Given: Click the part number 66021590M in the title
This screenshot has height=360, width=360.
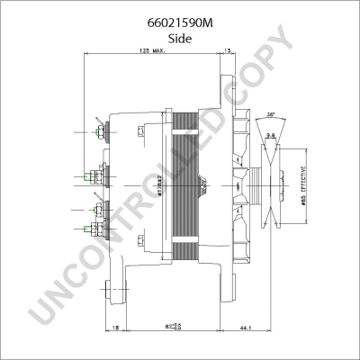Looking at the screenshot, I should (180, 12).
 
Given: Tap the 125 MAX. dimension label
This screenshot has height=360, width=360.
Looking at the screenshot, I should (151, 52).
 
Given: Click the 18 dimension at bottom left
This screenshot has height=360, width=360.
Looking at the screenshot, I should (117, 328).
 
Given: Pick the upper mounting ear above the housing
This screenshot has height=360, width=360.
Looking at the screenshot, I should (219, 85).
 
